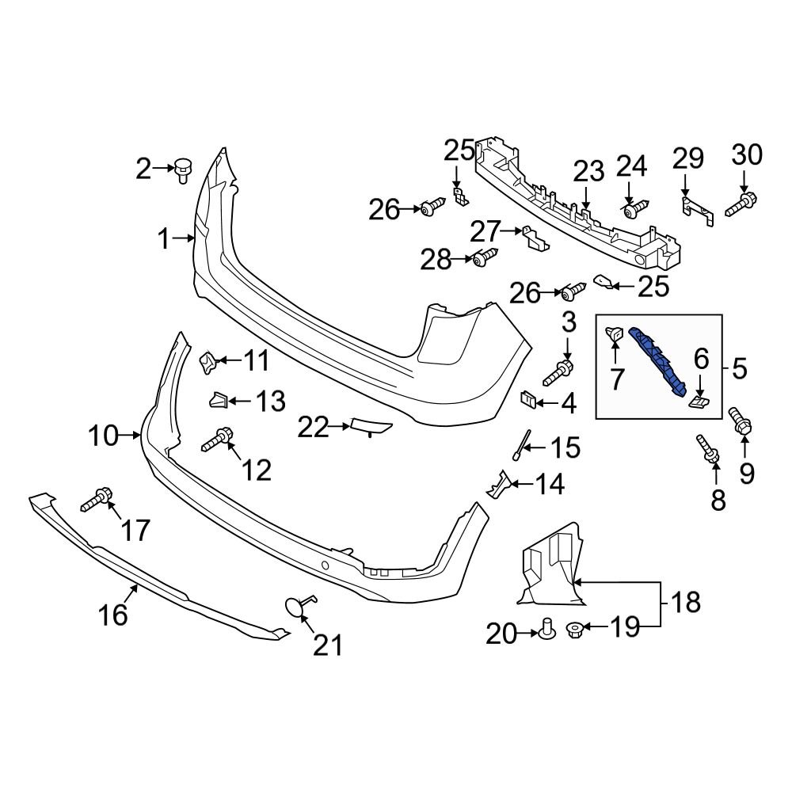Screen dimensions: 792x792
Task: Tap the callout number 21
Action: coord(327,645)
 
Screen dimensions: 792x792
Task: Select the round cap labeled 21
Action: coord(295,607)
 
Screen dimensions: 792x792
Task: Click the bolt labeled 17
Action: coord(97,499)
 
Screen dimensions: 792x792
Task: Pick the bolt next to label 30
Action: coord(740,204)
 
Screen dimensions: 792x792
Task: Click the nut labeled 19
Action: coord(576,630)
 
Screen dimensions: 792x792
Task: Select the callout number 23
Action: coord(588,171)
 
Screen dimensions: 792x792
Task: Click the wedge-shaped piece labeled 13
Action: coord(219,401)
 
